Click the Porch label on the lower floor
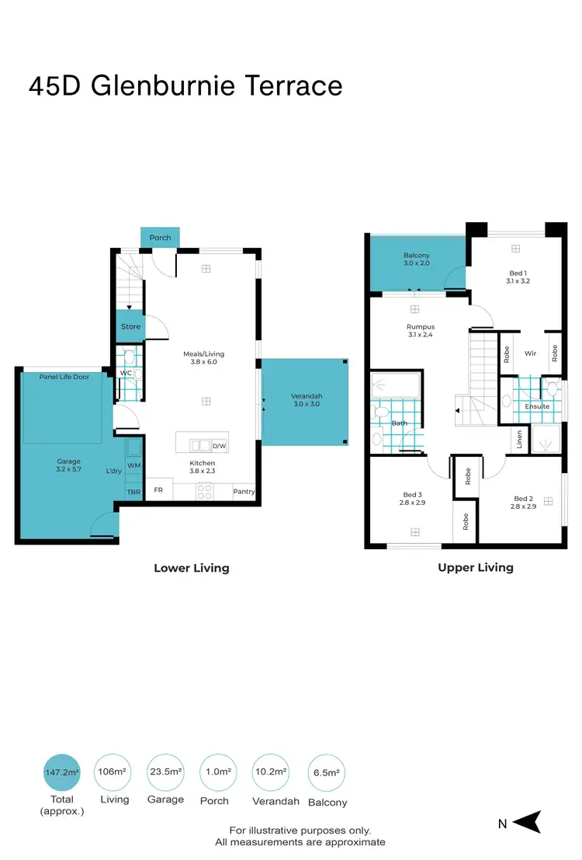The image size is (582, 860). [x=160, y=238]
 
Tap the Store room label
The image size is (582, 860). [x=130, y=326]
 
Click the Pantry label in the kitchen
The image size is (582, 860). [x=244, y=492]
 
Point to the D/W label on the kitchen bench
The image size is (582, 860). [x=218, y=447]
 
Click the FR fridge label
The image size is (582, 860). [x=158, y=490]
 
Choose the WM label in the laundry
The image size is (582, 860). [x=133, y=465]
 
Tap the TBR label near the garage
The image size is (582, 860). [x=133, y=493]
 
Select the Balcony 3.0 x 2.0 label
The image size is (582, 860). [x=417, y=259]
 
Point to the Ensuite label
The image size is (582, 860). [x=537, y=406]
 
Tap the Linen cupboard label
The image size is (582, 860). [x=518, y=440]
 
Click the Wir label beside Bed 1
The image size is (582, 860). [x=530, y=353]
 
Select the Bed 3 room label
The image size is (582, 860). [x=413, y=499]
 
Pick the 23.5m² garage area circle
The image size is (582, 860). [x=165, y=772]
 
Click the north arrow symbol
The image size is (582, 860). [x=527, y=822]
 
